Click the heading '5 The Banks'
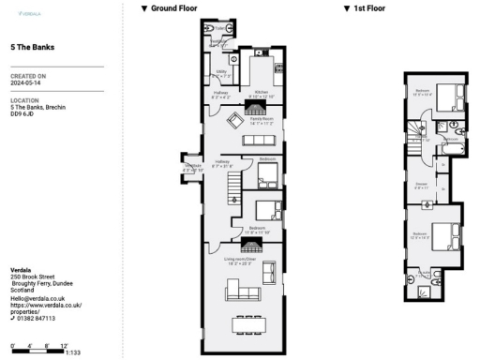pyautogui.click(x=31, y=46)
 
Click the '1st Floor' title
pyautogui.click(x=365, y=7)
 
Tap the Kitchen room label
pyautogui.click(x=260, y=93)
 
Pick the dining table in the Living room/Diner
pyautogui.click(x=248, y=324)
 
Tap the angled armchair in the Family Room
pyautogui.click(x=239, y=119)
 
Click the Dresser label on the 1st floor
pyautogui.click(x=422, y=185)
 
